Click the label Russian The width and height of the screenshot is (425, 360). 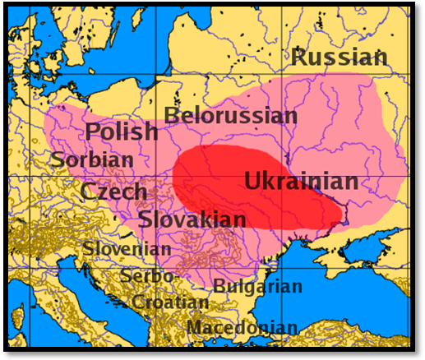pos(339,58)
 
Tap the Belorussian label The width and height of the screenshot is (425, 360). pos(230,115)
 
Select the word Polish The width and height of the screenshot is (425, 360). pos(122,132)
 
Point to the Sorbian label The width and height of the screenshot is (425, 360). pos(91,159)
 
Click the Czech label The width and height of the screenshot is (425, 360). pos(113,192)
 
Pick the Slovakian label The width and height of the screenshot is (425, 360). pos(192,219)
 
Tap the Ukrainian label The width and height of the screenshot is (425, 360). pos(301,182)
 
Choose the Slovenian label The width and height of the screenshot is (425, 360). pos(127,248)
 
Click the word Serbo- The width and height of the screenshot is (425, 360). pos(147,276)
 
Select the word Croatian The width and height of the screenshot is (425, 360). pos(170,302)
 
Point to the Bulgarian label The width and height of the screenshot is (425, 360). pos(258,286)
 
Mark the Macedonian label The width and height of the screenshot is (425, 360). pos(242,328)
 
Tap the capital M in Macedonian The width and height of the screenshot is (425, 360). pos(194,328)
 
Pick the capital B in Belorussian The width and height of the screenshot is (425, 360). pos(172,115)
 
